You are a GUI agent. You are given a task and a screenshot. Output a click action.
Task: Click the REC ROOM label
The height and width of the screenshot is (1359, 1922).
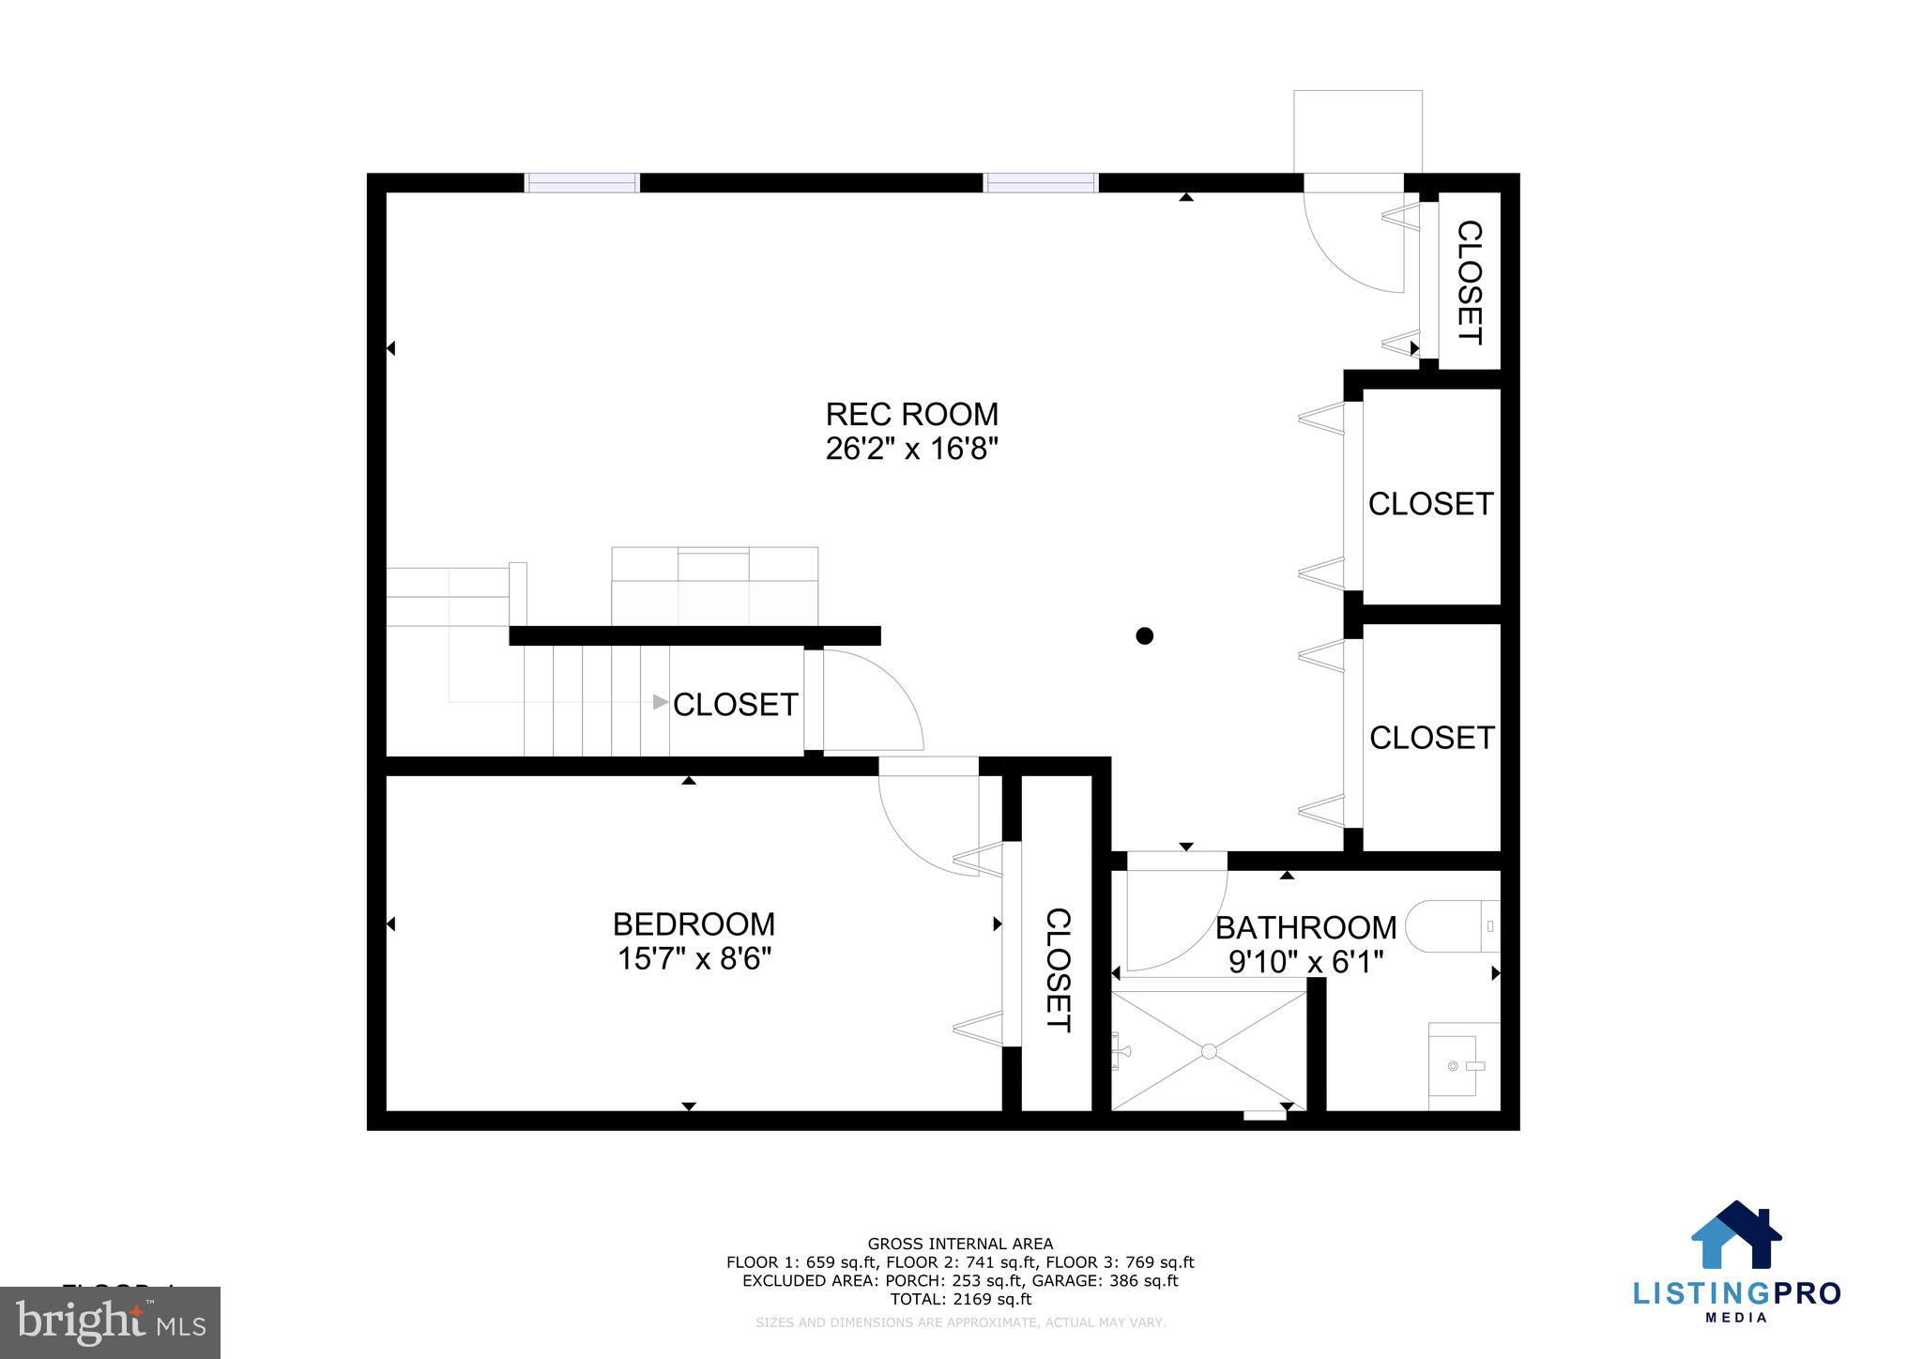(911, 414)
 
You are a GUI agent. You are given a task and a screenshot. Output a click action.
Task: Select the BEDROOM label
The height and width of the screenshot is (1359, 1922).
(694, 924)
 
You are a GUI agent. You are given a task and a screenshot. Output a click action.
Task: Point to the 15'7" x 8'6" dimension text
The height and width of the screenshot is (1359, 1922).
(694, 959)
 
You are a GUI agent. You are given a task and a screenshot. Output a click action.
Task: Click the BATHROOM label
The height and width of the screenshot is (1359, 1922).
(1305, 927)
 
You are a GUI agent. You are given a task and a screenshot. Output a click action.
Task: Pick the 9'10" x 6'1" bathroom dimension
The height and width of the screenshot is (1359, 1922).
(1305, 962)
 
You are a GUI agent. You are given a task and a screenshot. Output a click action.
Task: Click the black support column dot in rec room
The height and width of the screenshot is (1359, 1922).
(1144, 636)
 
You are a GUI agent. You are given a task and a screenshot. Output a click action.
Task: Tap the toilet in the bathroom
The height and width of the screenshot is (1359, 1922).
(1455, 926)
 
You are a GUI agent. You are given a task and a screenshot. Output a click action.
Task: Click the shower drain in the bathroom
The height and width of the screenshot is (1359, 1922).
(1210, 1051)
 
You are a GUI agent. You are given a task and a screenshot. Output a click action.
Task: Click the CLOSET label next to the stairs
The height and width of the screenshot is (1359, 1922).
(735, 705)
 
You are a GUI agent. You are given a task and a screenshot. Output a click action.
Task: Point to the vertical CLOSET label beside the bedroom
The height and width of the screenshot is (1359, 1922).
(1058, 970)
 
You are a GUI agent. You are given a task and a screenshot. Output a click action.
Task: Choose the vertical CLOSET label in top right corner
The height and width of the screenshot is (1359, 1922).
(1469, 282)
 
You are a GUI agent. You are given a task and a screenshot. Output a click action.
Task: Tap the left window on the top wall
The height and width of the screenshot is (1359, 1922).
(581, 183)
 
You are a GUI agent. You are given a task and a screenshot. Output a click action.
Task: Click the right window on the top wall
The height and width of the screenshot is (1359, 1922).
(1040, 183)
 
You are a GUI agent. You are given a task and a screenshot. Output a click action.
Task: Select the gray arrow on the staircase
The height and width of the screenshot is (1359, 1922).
(661, 702)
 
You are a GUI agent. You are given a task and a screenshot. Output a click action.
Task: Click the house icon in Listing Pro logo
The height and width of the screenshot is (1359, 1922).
(1735, 1236)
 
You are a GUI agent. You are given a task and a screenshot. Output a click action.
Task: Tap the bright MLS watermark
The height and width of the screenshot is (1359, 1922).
(110, 1322)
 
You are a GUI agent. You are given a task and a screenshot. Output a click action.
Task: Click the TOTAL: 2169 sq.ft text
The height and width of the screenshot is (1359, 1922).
(960, 1300)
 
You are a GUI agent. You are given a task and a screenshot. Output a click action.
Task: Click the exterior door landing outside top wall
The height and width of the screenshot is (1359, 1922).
(1357, 131)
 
